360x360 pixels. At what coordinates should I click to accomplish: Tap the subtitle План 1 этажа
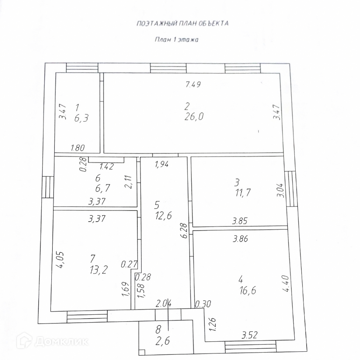coord(177,40)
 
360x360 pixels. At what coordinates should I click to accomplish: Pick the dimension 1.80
coord(77,148)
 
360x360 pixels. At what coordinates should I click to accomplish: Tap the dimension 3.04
coord(281,190)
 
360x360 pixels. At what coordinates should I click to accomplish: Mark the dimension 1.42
coord(107,166)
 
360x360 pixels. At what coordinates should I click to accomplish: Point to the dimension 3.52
coord(250,335)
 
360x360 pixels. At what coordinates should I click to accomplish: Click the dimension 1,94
coord(162,164)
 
